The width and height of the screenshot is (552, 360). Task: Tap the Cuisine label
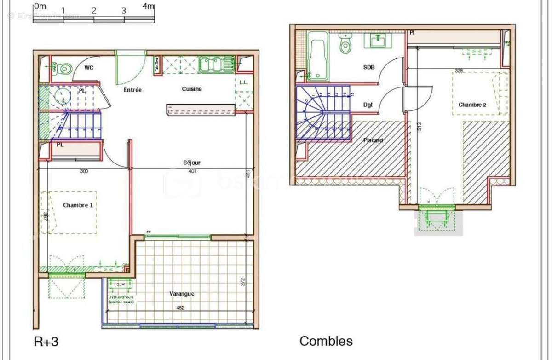tap(191, 89)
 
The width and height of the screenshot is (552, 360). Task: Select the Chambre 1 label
tap(78, 205)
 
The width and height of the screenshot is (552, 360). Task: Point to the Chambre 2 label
tap(472, 105)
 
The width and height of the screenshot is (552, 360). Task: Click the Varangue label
tap(181, 294)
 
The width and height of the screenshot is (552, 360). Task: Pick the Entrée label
tap(132, 90)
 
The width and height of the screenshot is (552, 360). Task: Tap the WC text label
tap(89, 68)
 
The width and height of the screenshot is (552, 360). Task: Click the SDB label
tap(369, 67)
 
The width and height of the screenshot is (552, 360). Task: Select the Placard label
tap(373, 140)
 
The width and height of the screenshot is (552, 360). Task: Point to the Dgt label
tap(368, 105)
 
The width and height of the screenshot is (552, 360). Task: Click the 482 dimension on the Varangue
tap(180, 308)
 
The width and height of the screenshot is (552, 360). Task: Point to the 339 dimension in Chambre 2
tap(458, 70)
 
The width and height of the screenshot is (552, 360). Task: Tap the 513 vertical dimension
tap(420, 127)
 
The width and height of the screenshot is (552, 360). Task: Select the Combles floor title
tap(326, 341)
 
